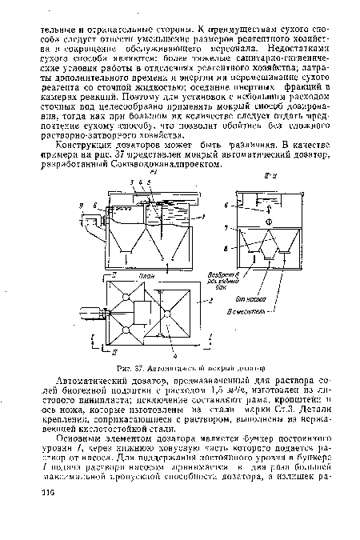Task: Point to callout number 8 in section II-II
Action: click(230, 249)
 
